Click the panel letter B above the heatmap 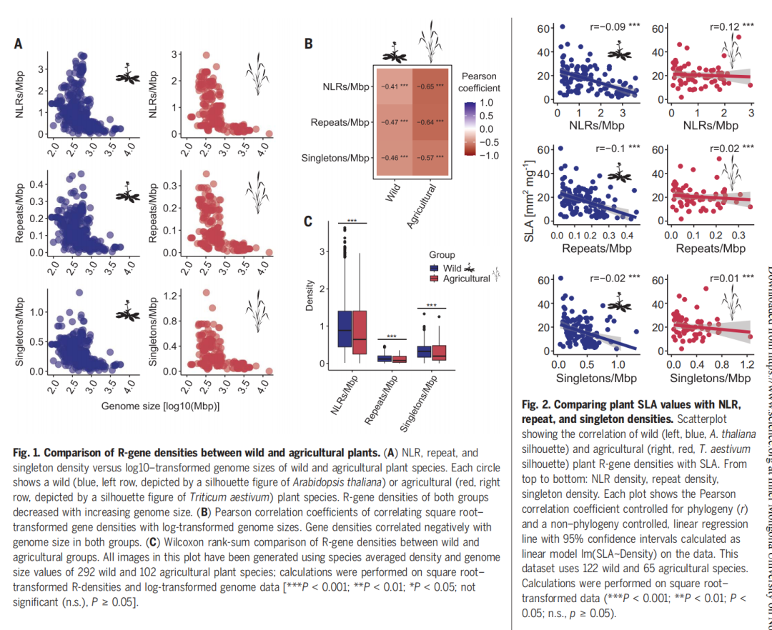(308, 44)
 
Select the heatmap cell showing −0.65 (430, 87)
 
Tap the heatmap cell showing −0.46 (395, 158)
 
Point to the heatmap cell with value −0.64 (430, 122)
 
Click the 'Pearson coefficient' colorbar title (479, 82)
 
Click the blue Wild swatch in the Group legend (434, 268)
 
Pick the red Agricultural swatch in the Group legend (434, 279)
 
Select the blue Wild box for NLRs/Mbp (345, 329)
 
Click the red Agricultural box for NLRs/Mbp (360, 332)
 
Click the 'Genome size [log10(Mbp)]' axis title (160, 406)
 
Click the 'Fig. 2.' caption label (538, 404)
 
